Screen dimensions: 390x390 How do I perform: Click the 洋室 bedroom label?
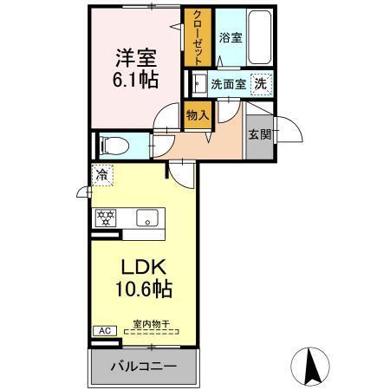pos(133,57)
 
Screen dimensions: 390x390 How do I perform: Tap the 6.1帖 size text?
pos(133,79)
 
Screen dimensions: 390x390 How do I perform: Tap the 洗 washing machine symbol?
pos(259,84)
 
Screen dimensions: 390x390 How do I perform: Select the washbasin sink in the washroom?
pos(199,85)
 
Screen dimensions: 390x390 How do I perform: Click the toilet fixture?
pos(110,145)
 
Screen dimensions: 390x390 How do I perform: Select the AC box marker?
pos(103,330)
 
